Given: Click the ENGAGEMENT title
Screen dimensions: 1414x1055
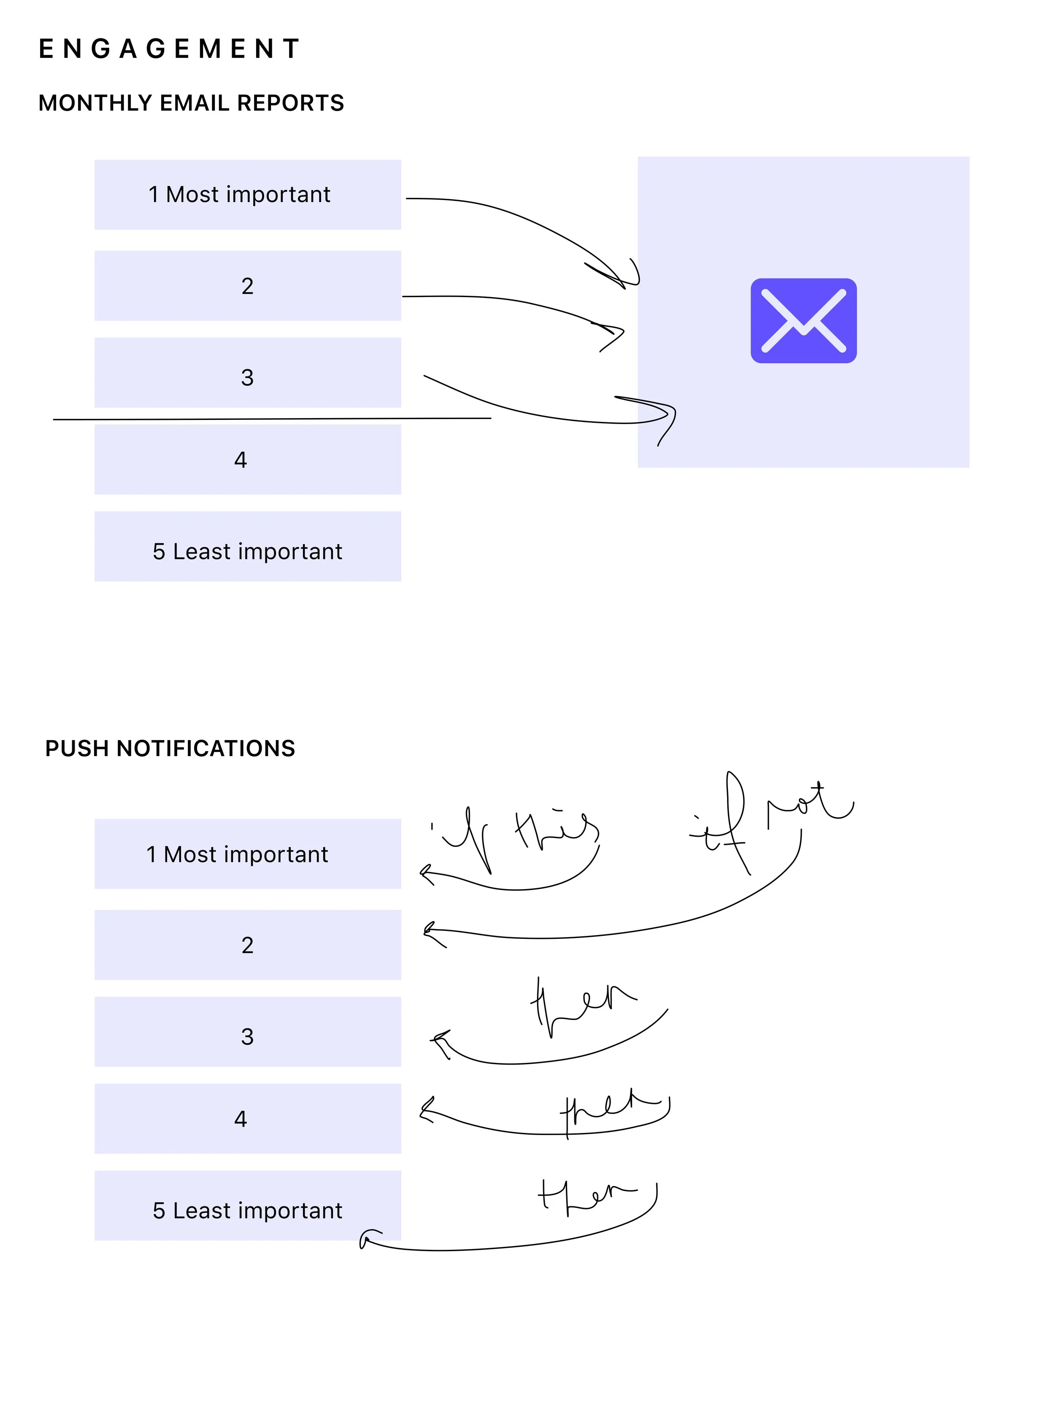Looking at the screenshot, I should pyautogui.click(x=169, y=49).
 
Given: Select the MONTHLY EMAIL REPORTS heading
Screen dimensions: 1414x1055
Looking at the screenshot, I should pyautogui.click(x=191, y=103).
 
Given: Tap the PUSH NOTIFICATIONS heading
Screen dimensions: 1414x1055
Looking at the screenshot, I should pyautogui.click(x=170, y=748).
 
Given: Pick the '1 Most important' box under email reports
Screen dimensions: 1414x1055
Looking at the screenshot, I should pyautogui.click(x=247, y=195).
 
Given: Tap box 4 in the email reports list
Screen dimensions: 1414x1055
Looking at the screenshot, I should pyautogui.click(x=247, y=460).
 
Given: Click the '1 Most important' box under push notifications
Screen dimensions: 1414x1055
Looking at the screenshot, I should pyautogui.click(x=247, y=854).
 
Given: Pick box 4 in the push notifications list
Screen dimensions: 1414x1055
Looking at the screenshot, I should pyautogui.click(x=247, y=1119).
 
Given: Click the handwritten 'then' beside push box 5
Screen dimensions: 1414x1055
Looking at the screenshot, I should pyautogui.click(x=584, y=1194).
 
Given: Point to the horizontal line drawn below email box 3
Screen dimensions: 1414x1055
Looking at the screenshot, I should pyautogui.click(x=271, y=419).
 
